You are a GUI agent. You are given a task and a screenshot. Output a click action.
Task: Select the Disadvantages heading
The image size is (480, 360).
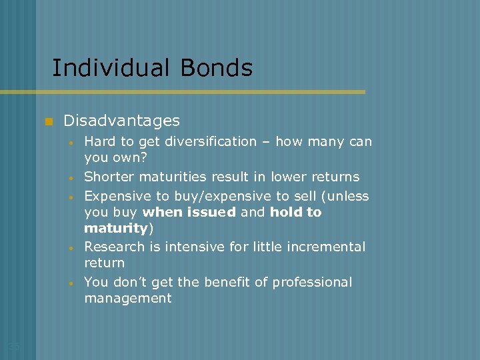121,121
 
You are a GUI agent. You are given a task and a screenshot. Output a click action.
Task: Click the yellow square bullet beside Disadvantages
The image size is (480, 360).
48,121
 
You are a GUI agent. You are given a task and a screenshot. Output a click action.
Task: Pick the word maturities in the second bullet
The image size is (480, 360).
174,177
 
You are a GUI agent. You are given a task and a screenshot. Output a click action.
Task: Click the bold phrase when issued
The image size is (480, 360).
189,212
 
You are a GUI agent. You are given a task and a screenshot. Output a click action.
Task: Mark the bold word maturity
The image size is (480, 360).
115,228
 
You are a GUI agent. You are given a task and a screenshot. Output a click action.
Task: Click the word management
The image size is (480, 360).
128,298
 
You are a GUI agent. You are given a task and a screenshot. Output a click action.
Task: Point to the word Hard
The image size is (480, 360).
99,141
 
